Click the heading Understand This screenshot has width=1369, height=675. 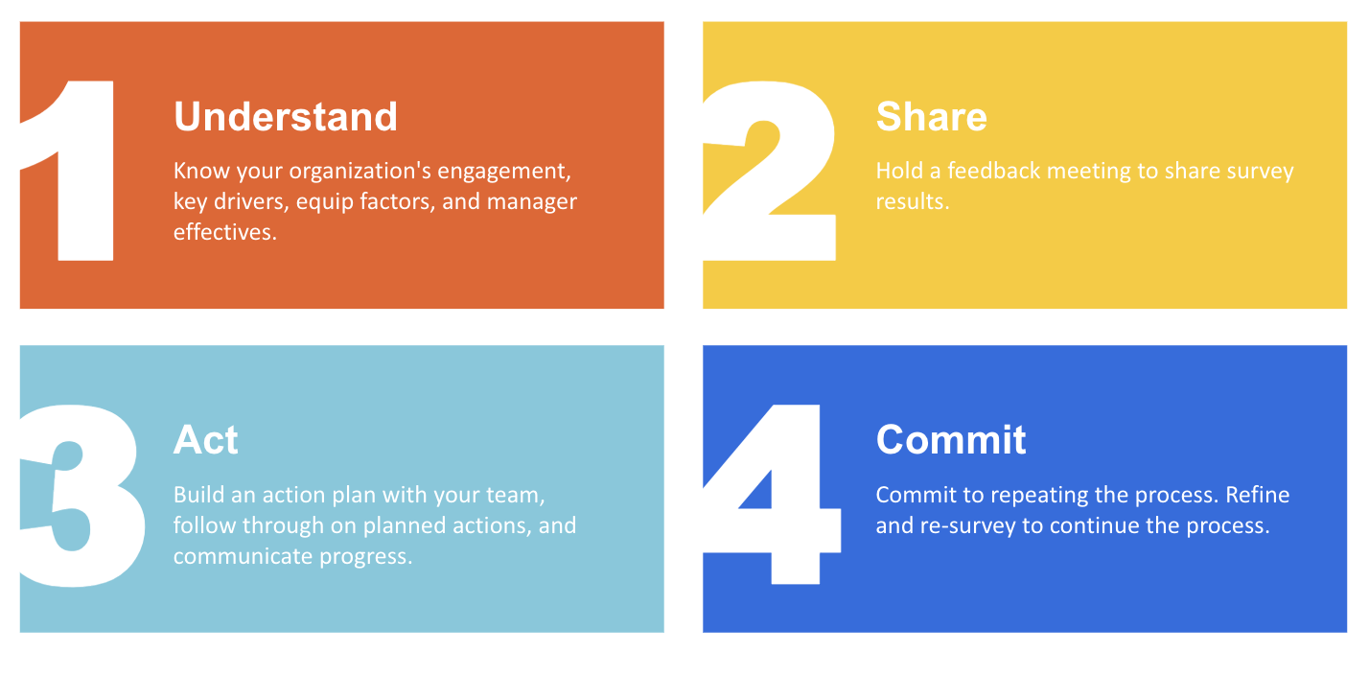pos(285,117)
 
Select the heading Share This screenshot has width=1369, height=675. pos(931,117)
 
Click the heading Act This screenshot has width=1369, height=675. pos(205,440)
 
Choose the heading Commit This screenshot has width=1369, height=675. pos(950,440)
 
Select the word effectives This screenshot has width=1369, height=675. pos(224,232)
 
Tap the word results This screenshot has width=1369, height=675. pos(912,202)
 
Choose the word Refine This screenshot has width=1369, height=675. pos(1256,496)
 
